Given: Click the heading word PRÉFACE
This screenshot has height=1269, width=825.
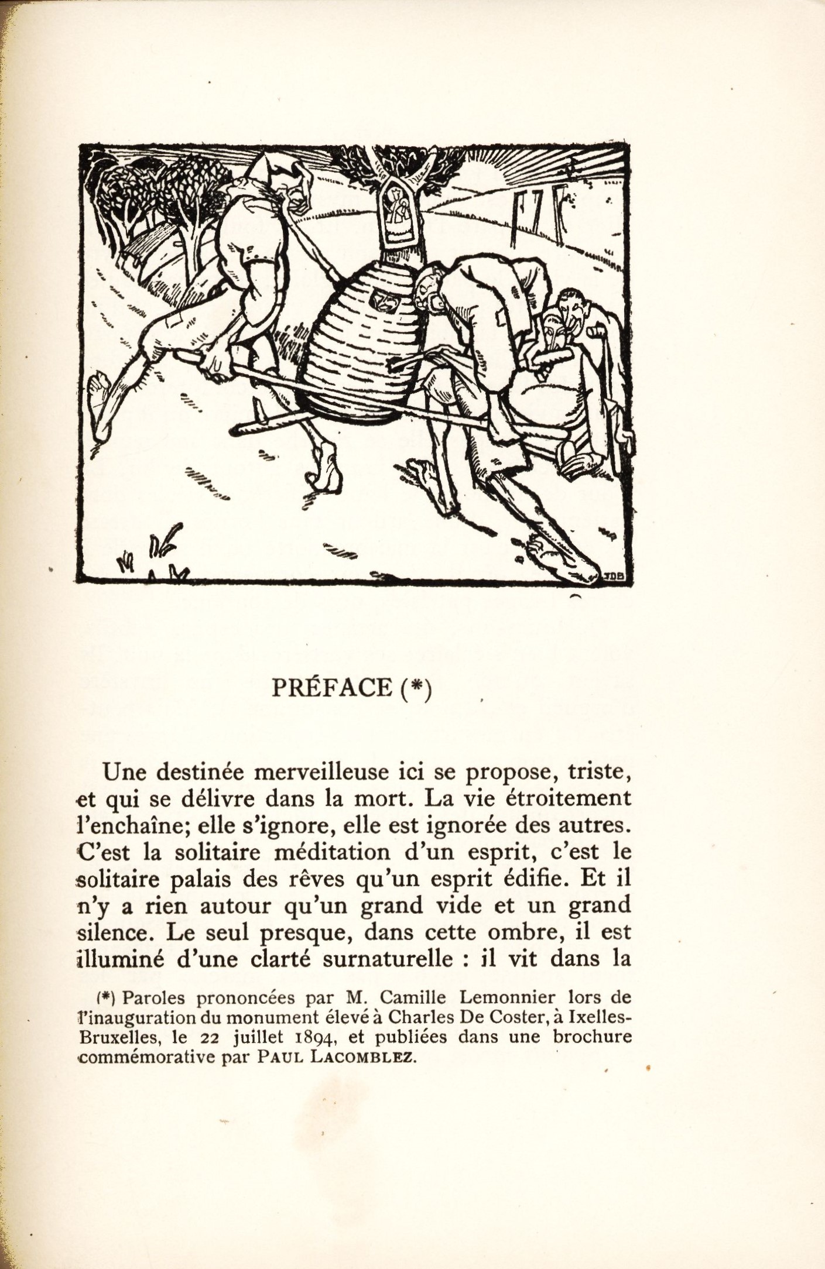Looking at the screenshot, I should coord(331,688).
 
